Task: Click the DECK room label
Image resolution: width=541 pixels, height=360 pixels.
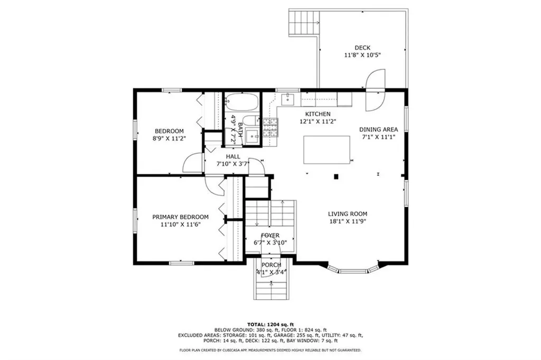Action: click(x=362, y=48)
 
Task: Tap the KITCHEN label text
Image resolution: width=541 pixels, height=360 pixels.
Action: click(x=318, y=114)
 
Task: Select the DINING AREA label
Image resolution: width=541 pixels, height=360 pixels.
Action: click(x=378, y=130)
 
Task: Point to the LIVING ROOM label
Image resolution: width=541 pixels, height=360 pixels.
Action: click(x=348, y=214)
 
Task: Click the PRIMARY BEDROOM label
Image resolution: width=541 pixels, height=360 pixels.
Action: click(x=181, y=217)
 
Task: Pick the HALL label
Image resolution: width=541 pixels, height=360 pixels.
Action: click(x=233, y=156)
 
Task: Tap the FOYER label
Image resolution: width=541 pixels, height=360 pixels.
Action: click(x=270, y=235)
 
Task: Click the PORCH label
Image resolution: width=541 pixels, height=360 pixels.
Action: click(x=271, y=265)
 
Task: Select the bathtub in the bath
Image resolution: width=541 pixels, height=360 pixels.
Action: click(x=242, y=102)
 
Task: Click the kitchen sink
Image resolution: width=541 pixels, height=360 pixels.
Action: click(x=287, y=99)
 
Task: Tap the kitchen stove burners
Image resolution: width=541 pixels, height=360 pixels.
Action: click(x=270, y=128)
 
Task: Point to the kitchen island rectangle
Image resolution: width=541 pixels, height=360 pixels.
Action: click(x=327, y=150)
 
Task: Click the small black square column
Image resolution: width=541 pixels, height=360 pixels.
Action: click(x=336, y=177)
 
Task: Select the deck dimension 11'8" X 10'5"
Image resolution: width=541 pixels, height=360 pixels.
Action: click(x=362, y=55)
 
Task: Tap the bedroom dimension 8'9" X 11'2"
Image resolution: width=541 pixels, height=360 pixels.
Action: click(x=169, y=139)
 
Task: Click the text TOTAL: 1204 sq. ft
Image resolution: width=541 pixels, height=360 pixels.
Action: click(x=270, y=325)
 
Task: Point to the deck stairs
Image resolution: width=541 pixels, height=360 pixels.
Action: click(x=304, y=22)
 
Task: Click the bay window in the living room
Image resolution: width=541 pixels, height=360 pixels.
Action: click(x=353, y=269)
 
